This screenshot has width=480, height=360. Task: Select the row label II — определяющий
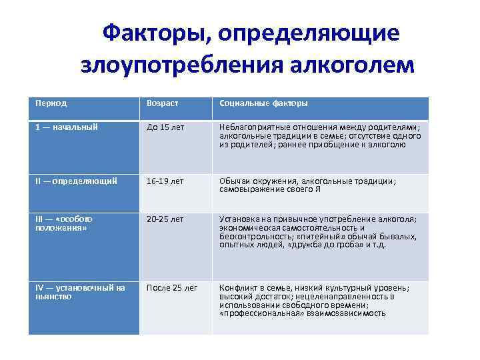point(76,180)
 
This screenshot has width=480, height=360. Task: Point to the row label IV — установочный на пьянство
point(79,292)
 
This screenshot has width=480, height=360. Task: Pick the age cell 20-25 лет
point(165,219)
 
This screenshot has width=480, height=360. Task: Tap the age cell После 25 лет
point(172,288)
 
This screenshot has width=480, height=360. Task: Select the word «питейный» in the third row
point(311,236)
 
